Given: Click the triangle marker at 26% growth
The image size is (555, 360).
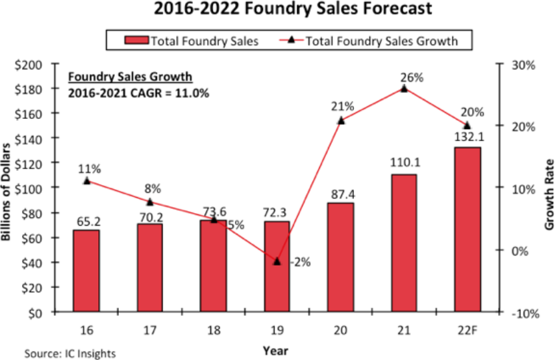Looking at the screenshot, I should click(404, 88).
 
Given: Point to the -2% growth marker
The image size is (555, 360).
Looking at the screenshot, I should click(276, 261).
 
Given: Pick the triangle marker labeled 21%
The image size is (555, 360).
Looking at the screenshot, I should click(341, 120).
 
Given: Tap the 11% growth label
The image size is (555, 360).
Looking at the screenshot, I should click(86, 168).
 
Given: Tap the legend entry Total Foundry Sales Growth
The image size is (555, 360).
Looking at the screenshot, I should click(381, 41).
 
